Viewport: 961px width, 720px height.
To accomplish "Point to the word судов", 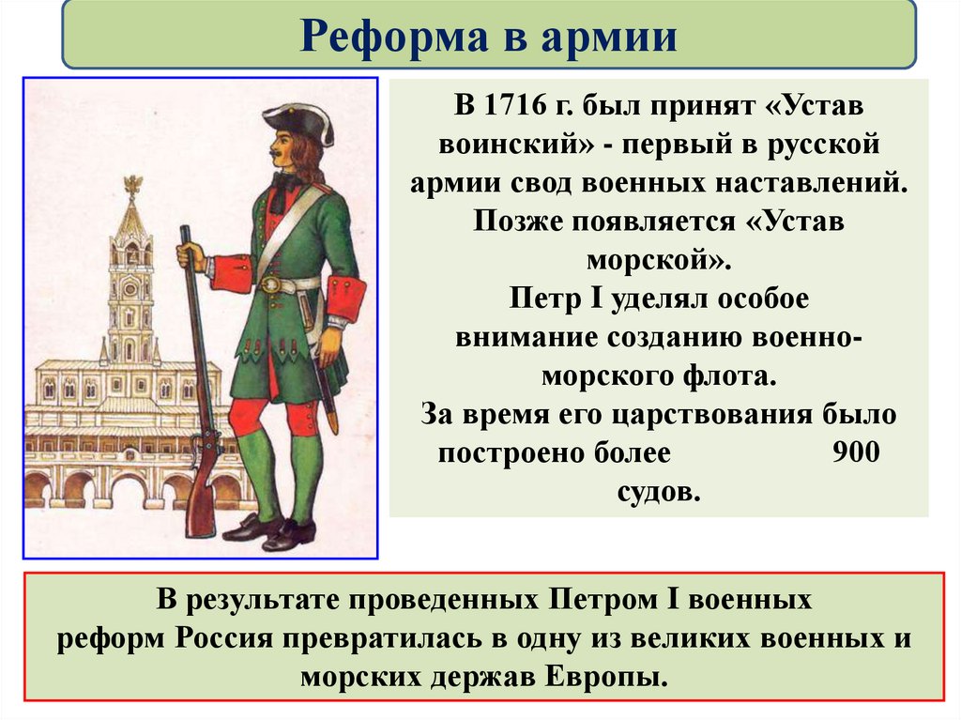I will click(x=659, y=491).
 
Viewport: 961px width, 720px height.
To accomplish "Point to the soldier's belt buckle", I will click(x=271, y=284).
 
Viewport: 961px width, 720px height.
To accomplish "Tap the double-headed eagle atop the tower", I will click(x=131, y=184).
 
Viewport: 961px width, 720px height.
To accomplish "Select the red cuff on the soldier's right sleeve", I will click(x=345, y=300).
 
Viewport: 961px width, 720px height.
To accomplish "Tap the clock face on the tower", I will click(x=131, y=279).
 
